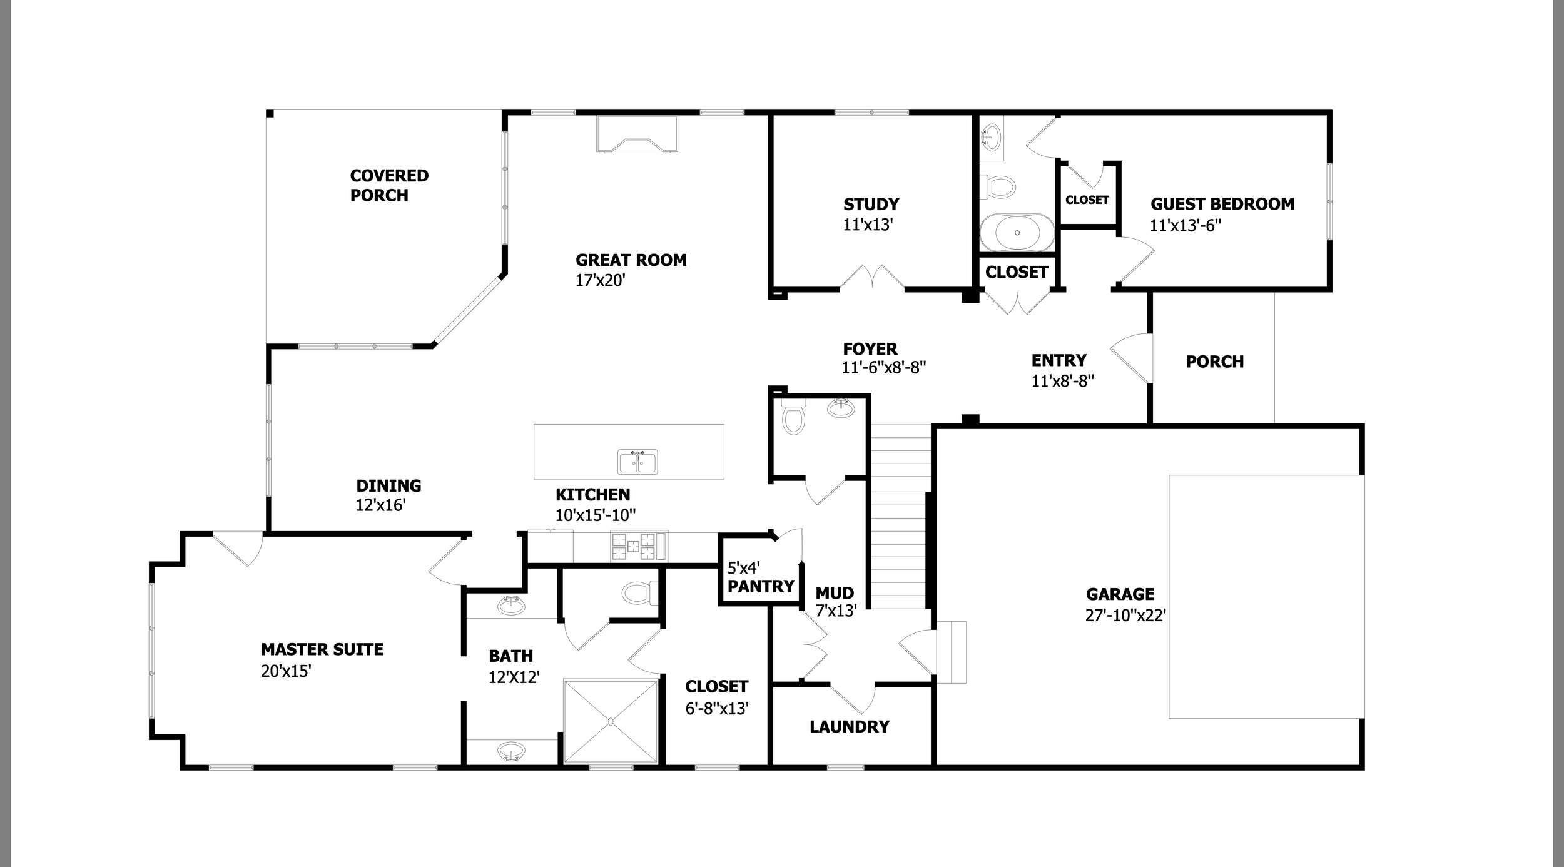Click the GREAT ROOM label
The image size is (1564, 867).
(631, 260)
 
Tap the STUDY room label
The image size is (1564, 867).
(871, 205)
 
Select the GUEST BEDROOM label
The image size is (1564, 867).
(1222, 204)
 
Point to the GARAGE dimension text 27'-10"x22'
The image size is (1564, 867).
(1125, 616)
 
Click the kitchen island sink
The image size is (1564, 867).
(637, 462)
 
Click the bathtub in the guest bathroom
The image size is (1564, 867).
(1017, 233)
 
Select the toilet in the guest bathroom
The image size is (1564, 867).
(999, 186)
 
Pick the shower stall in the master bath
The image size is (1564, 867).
(611, 721)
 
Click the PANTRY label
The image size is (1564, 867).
(761, 587)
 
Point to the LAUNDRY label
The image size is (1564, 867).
(849, 727)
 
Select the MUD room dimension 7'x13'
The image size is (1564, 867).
(836, 611)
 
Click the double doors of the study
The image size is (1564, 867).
(871, 278)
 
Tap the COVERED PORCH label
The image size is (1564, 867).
(388, 185)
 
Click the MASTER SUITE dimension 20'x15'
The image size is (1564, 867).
(286, 671)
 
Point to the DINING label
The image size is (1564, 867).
(388, 485)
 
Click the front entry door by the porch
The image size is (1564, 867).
(1134, 357)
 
